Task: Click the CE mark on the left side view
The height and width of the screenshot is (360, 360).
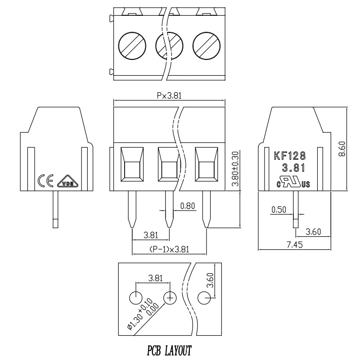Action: coord(45,180)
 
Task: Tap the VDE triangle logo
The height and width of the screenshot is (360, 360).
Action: coord(68,181)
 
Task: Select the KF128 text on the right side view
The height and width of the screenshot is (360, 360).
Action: coord(290,156)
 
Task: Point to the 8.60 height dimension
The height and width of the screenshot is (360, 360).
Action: coord(342,149)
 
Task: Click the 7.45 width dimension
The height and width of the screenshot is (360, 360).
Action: coord(295,245)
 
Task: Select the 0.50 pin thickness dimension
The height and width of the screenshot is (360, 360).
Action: coord(279,210)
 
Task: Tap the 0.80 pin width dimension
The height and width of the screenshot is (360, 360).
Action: coord(188,206)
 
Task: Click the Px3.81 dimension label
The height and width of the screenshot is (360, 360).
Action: coord(169,95)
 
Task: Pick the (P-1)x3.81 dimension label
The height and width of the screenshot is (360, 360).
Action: coord(169,249)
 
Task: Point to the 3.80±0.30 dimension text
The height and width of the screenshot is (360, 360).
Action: coord(235,168)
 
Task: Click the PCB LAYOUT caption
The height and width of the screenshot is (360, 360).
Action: coord(169,351)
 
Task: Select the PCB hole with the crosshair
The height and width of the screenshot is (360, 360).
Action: coord(170,298)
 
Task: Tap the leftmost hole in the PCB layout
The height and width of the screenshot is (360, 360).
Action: coord(136,298)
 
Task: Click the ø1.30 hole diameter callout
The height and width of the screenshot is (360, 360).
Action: coord(143,314)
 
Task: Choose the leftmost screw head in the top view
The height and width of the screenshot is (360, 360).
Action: coord(132,46)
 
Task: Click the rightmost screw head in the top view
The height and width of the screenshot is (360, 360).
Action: coord(207,46)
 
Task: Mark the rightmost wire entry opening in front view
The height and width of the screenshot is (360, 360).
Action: coord(207,164)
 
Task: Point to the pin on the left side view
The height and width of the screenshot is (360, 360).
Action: coord(55,209)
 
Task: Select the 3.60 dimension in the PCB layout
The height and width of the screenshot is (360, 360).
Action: coord(210,280)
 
